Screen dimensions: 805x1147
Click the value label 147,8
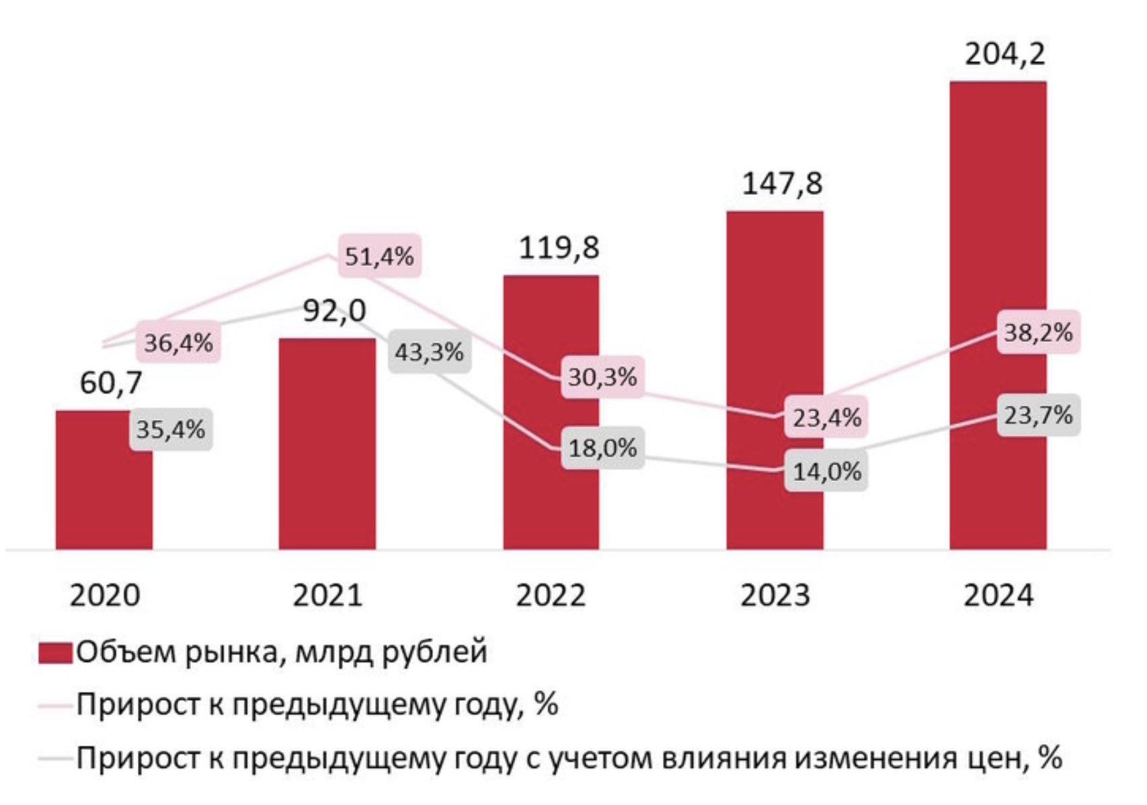pyautogui.click(x=781, y=183)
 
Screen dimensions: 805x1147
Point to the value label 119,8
pyautogui.click(x=559, y=248)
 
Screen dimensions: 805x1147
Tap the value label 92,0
pyautogui.click(x=334, y=310)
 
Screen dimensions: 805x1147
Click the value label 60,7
pyautogui.click(x=111, y=383)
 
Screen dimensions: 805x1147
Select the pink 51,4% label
pyautogui.click(x=379, y=256)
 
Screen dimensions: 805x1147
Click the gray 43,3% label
pyautogui.click(x=429, y=352)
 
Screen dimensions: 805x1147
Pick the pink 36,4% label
pyautogui.click(x=178, y=343)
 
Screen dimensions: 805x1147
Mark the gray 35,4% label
pyautogui.click(x=171, y=429)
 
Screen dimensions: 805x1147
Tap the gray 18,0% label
pyautogui.click(x=602, y=448)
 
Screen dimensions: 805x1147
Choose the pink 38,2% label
pyautogui.click(x=1038, y=332)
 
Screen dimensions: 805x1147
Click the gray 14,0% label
pyautogui.click(x=826, y=472)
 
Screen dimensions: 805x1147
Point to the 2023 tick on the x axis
pyautogui.click(x=775, y=595)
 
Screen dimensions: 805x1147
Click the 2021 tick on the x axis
pyautogui.click(x=327, y=595)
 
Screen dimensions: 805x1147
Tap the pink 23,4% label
pyautogui.click(x=826, y=418)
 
